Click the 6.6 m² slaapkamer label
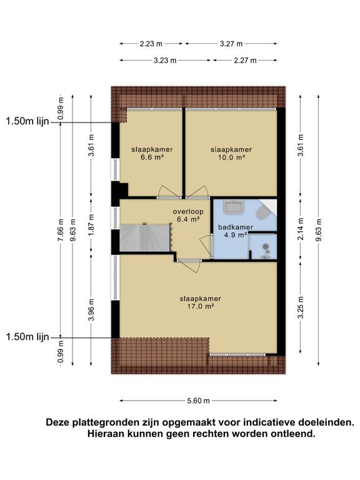152,154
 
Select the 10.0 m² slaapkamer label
231,154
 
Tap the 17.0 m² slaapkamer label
201,302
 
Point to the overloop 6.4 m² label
188,215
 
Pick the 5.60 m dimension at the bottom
198,401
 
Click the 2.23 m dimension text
151,44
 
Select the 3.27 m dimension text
231,44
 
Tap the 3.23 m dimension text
165,60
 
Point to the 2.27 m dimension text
245,60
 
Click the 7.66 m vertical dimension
61,230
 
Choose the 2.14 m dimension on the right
301,229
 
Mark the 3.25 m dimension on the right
301,307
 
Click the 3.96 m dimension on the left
91,309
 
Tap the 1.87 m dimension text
91,225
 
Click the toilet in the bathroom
262,212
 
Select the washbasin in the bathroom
234,207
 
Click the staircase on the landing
144,238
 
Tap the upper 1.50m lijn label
27,121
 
